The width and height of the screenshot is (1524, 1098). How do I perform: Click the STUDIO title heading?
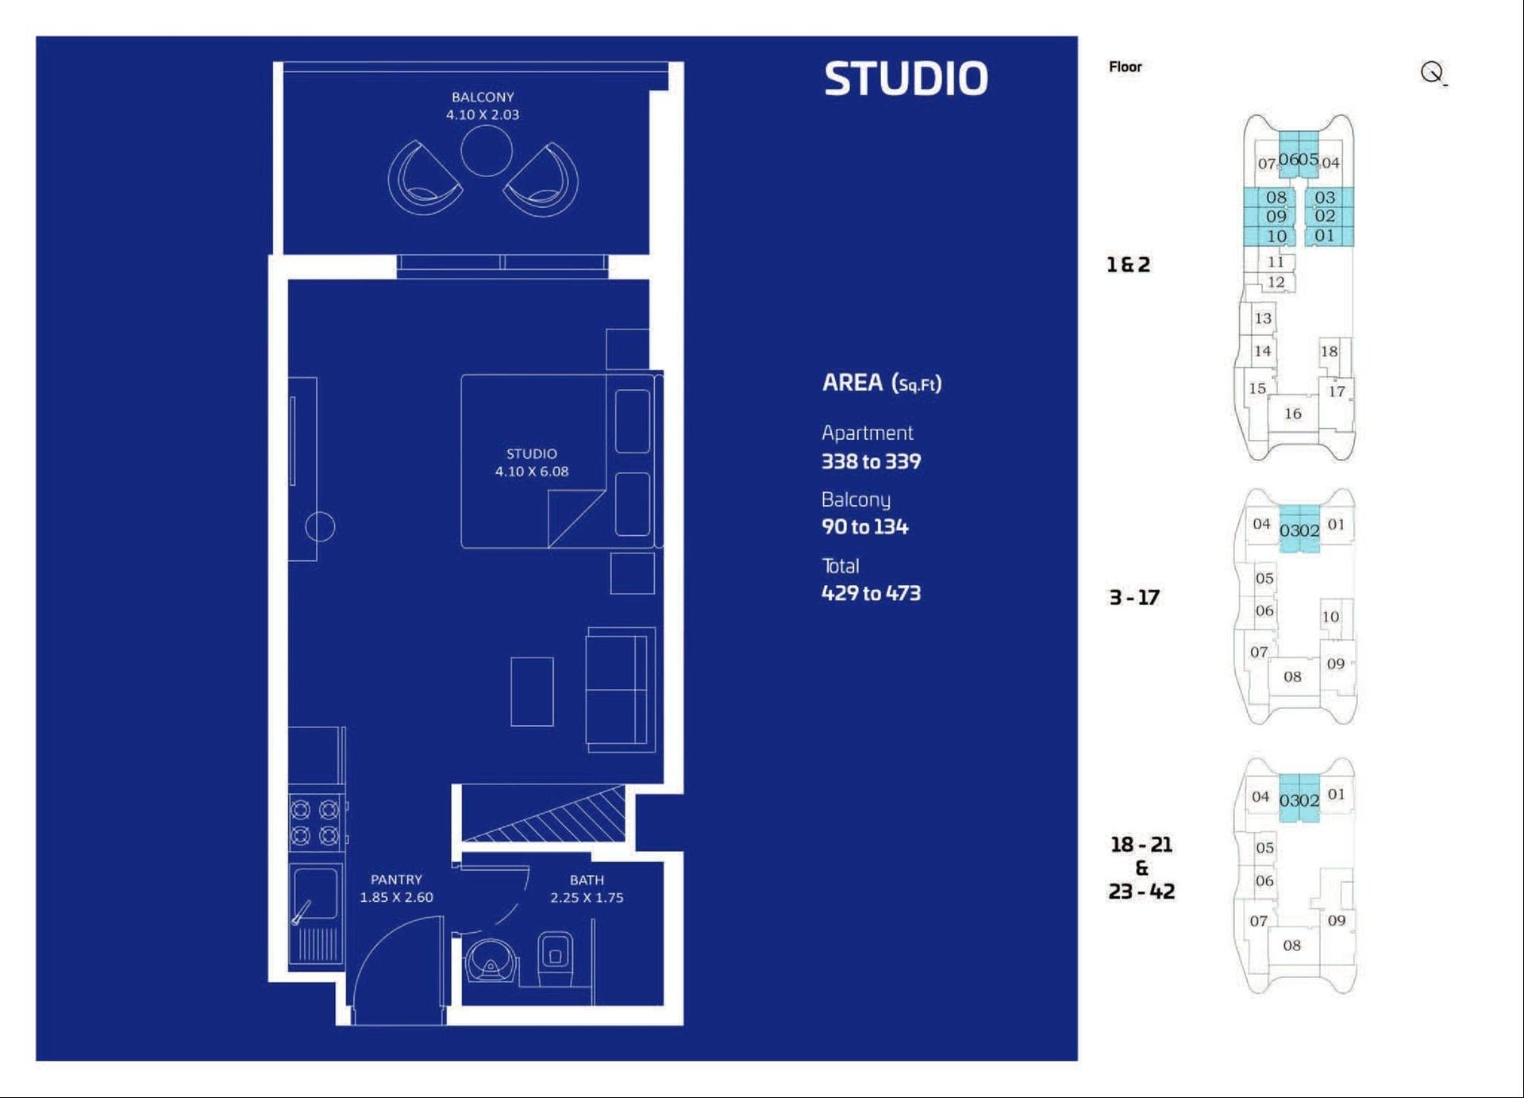click(906, 79)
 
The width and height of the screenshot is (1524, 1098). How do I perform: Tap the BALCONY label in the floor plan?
click(483, 97)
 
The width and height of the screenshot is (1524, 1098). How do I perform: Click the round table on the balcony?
click(487, 150)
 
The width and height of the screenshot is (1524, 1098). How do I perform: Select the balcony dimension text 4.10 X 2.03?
click(483, 114)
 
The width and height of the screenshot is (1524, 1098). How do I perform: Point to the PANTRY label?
click(396, 880)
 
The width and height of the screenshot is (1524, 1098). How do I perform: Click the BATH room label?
click(587, 880)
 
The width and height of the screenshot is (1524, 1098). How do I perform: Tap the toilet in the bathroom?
click(555, 959)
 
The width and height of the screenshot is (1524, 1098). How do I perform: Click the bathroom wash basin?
click(491, 961)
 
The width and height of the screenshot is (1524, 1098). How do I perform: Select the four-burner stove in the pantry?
click(315, 823)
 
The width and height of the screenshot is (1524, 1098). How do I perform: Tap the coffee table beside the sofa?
click(532, 692)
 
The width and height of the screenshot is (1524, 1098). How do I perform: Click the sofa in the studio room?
click(621, 690)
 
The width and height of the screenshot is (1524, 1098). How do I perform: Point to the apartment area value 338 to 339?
click(871, 461)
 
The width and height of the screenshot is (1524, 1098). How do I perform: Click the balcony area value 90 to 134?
click(864, 526)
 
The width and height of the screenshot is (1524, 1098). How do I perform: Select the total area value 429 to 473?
click(871, 593)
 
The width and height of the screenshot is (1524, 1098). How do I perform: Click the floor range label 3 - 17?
click(1133, 597)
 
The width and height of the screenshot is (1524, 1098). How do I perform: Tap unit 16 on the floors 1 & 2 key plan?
click(1293, 414)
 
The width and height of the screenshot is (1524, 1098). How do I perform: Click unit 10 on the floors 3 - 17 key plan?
click(1330, 616)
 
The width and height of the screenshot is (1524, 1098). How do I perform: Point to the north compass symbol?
click(1433, 73)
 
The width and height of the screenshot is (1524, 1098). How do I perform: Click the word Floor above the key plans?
click(1126, 67)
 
